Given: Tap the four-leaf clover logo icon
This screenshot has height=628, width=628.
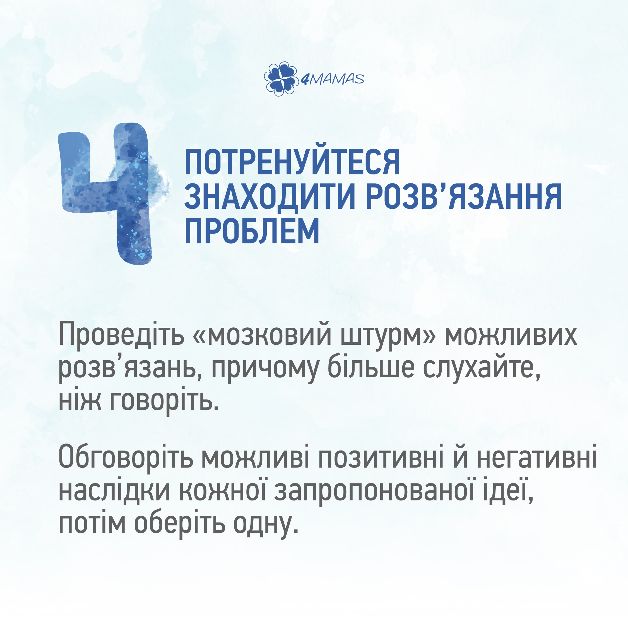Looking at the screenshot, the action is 281,79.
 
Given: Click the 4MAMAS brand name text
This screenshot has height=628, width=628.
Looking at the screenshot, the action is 332,79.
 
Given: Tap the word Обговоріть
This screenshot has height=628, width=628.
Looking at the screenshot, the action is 126,458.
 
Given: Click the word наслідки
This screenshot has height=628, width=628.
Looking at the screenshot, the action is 114,490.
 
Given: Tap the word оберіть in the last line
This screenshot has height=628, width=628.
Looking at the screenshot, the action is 180,523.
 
